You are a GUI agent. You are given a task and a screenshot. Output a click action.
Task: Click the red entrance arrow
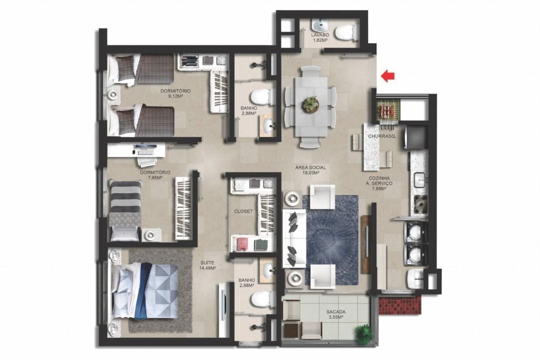click(x=388, y=76)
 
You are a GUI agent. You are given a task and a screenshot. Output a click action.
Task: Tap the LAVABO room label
click(x=320, y=35)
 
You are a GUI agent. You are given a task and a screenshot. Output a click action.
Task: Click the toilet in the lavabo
click(x=345, y=33)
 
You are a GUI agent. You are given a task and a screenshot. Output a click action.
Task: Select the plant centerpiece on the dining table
click(x=311, y=104)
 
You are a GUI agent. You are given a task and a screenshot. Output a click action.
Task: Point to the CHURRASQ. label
click(x=382, y=137)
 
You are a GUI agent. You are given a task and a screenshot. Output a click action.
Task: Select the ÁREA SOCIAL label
click(x=310, y=168)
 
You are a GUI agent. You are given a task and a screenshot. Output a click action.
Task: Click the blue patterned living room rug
click(x=330, y=240)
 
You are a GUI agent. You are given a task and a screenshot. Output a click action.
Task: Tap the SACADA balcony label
click(x=336, y=312)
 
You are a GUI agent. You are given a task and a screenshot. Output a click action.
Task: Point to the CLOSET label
click(x=244, y=211)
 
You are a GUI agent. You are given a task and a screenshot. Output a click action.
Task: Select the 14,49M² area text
click(x=208, y=268)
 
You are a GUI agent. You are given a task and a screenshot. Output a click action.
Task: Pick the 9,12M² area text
click(x=175, y=96)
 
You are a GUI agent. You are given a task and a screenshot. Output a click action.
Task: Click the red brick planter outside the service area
click(x=400, y=306)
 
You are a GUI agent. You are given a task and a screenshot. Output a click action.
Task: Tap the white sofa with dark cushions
click(x=295, y=239)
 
